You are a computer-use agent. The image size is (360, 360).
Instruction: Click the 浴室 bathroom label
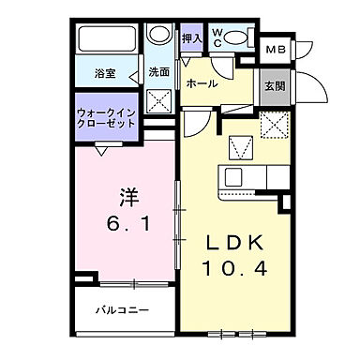[105, 73]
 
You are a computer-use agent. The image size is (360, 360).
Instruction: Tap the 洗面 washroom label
[157, 72]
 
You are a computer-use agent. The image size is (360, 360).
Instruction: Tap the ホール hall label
[202, 83]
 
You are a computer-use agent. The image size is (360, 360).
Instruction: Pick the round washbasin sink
[159, 38]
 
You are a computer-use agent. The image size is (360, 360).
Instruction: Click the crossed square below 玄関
[275, 123]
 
